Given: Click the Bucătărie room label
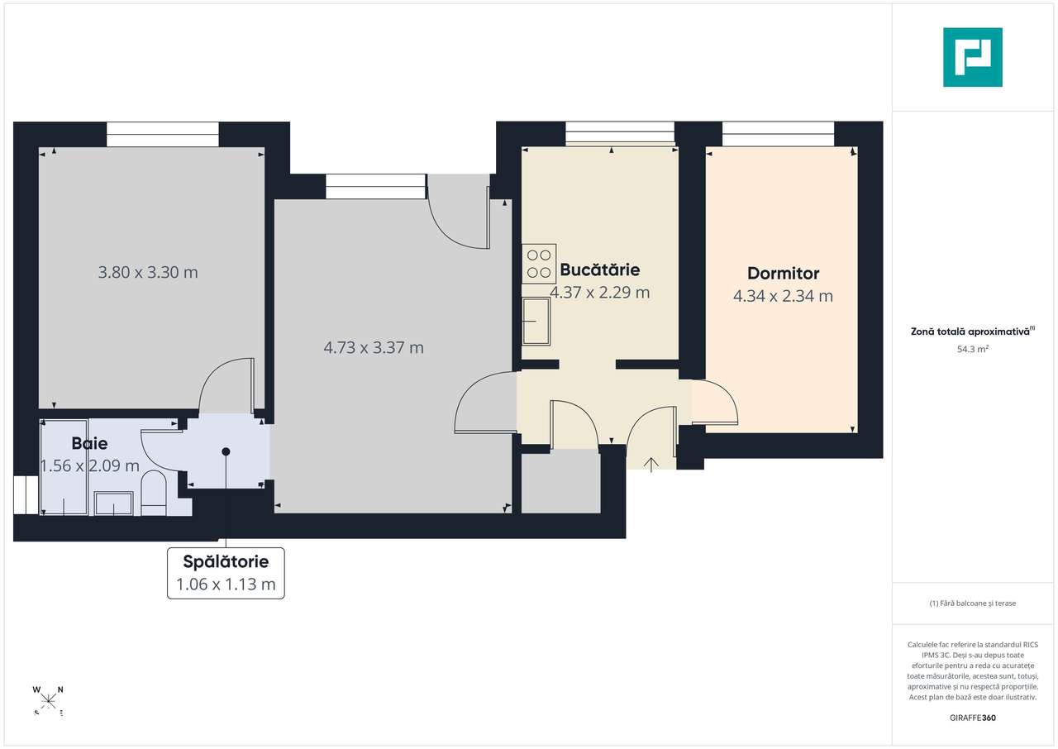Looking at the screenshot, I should [599, 270].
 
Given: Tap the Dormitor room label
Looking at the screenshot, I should [783, 273].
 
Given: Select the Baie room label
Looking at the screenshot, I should [89, 444].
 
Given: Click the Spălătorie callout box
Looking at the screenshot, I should [226, 573].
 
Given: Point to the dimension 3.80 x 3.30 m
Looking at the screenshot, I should [148, 272].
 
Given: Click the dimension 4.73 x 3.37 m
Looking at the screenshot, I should [374, 348].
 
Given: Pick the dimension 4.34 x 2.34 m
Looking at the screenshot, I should [783, 296].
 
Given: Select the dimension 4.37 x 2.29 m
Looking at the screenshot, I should [599, 293].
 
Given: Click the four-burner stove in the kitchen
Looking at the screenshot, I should [539, 265].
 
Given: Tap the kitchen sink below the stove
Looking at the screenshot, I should [536, 321].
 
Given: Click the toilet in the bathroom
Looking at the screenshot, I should [154, 493].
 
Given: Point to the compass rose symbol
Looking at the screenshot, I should [49, 700].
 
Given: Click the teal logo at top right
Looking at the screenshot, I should [973, 57].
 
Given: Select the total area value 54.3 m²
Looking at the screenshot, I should [973, 349].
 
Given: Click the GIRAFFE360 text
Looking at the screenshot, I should [973, 718].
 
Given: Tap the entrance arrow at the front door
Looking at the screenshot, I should [651, 464].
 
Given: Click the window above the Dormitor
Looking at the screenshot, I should [778, 134].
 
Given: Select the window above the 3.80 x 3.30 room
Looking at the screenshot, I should [163, 134].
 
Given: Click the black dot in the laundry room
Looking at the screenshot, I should [226, 451].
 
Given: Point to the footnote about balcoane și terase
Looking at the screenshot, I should [973, 603].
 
